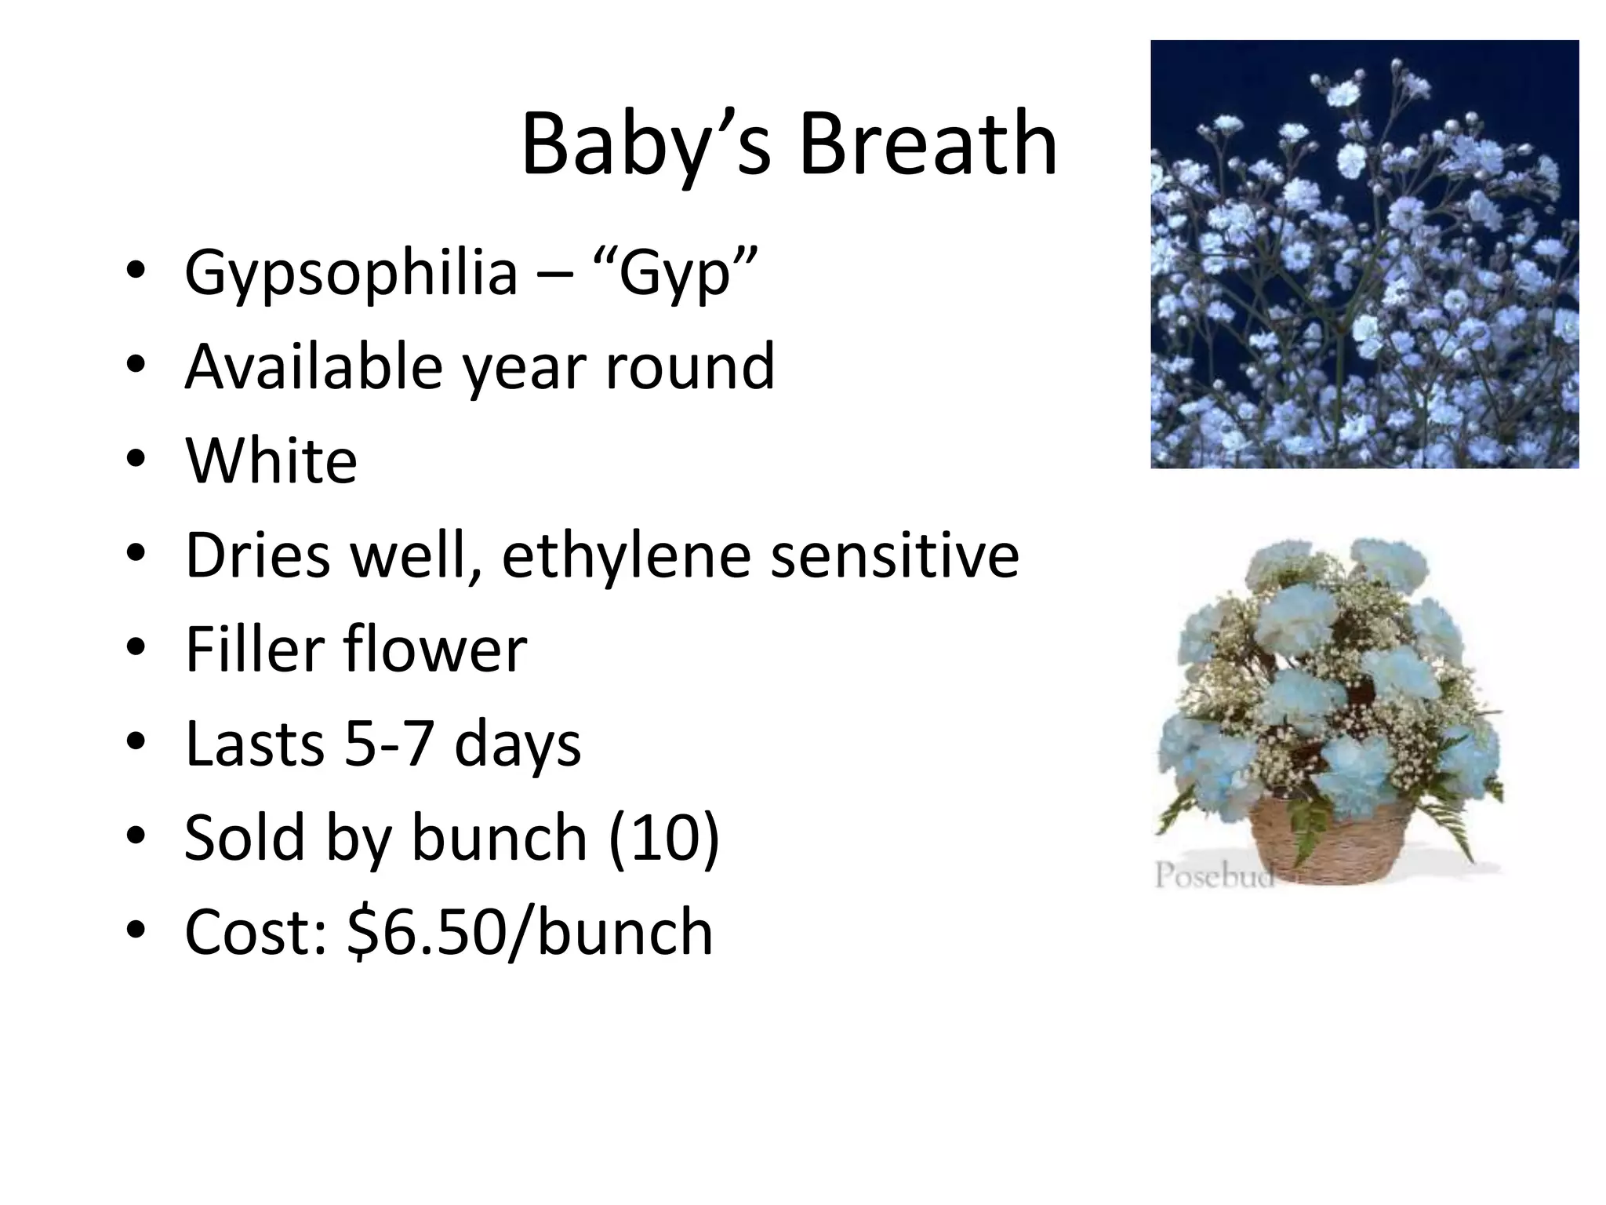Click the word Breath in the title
(928, 145)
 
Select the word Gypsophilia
(351, 273)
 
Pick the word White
(271, 461)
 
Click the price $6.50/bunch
(530, 932)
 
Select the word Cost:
(256, 932)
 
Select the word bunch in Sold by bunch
(499, 838)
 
